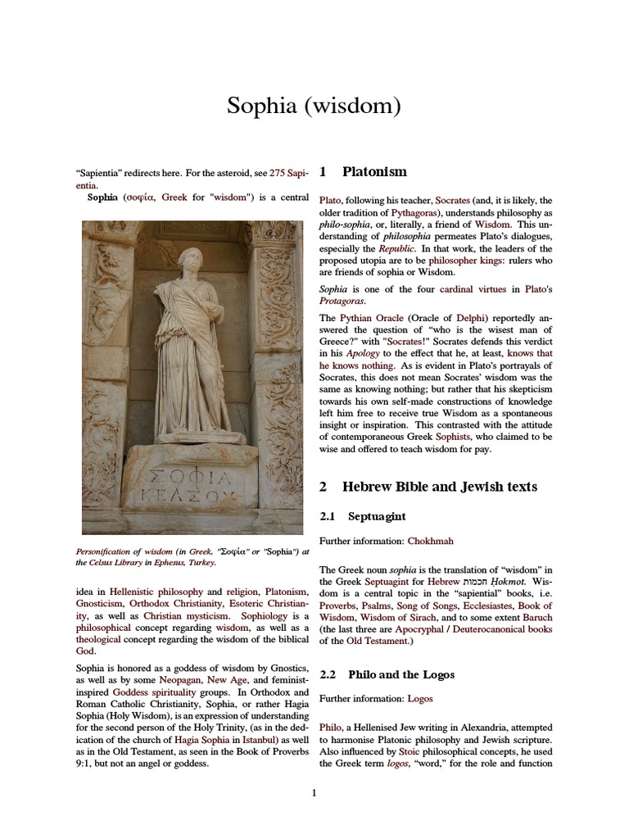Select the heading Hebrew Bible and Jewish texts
(x=439, y=487)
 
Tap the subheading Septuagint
(x=377, y=517)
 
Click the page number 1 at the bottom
(x=314, y=793)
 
